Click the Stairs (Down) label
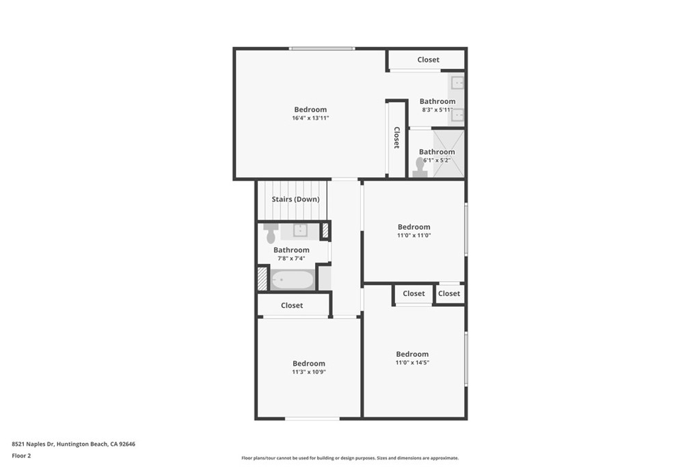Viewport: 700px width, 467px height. [x=295, y=199]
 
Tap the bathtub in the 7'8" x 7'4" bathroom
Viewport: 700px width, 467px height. [x=292, y=280]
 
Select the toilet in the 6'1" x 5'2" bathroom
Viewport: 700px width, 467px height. [x=420, y=168]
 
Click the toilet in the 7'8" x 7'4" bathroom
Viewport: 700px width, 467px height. [x=271, y=232]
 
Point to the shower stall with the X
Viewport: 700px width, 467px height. [x=449, y=154]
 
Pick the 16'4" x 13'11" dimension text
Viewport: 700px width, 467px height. [x=310, y=118]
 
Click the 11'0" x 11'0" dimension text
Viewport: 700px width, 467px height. [x=414, y=235]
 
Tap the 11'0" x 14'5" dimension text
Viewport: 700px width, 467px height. [x=412, y=362]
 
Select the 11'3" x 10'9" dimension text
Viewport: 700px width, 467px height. [x=309, y=372]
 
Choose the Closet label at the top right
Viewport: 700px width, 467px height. [x=429, y=59]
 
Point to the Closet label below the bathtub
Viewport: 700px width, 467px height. [x=292, y=305]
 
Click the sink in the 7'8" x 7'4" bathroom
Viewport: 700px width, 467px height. [x=300, y=230]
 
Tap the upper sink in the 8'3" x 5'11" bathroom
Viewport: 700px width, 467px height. [x=457, y=83]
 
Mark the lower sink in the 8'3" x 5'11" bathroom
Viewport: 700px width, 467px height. [x=457, y=115]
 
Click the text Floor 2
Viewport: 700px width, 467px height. [x=21, y=455]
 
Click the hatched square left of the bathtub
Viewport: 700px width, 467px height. [x=262, y=278]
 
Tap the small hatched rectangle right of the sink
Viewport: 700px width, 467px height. [x=325, y=230]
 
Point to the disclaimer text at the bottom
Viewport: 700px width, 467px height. [x=349, y=458]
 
